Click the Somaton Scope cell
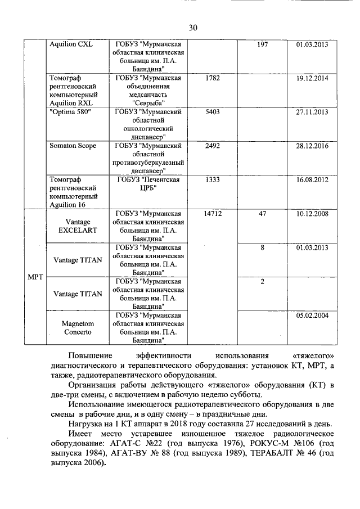click(x=73, y=146)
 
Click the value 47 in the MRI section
click(x=262, y=214)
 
